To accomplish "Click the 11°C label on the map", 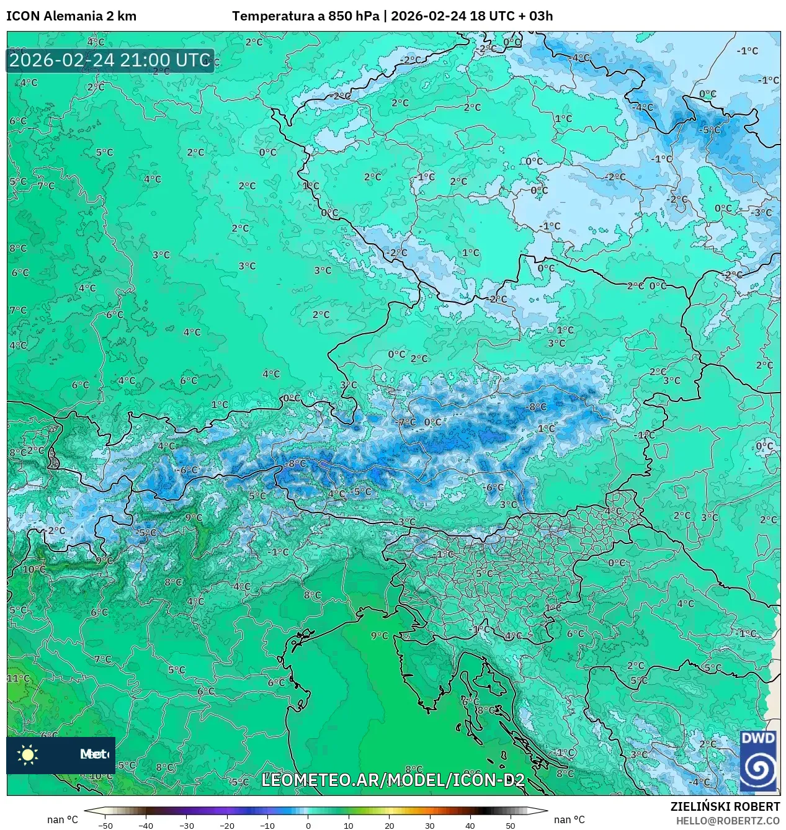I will pos(17,679).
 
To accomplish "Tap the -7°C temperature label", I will pos(406,422).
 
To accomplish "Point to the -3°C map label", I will pos(761,212).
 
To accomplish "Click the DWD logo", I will pos(758,761).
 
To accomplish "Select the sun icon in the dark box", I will pos(28,754).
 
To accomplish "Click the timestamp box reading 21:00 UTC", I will pos(110,60).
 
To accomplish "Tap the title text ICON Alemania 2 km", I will pos(71,16).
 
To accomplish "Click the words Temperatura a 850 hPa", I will pos(305,16).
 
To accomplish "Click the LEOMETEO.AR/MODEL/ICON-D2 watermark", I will pos(393,780).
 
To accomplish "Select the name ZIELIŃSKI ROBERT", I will pos(725,806).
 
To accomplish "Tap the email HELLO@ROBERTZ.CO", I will pos(728,821).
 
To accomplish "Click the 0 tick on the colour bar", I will pos(308,825).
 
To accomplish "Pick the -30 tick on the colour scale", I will pos(187,825).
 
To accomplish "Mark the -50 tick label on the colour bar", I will pos(105,825).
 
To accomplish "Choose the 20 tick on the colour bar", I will pos(389,825).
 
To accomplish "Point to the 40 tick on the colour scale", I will pos(470,825).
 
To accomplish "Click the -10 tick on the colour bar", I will pos(267,825).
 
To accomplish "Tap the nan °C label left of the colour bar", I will pos(63,819).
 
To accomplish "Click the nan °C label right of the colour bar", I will pos(569,819).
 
